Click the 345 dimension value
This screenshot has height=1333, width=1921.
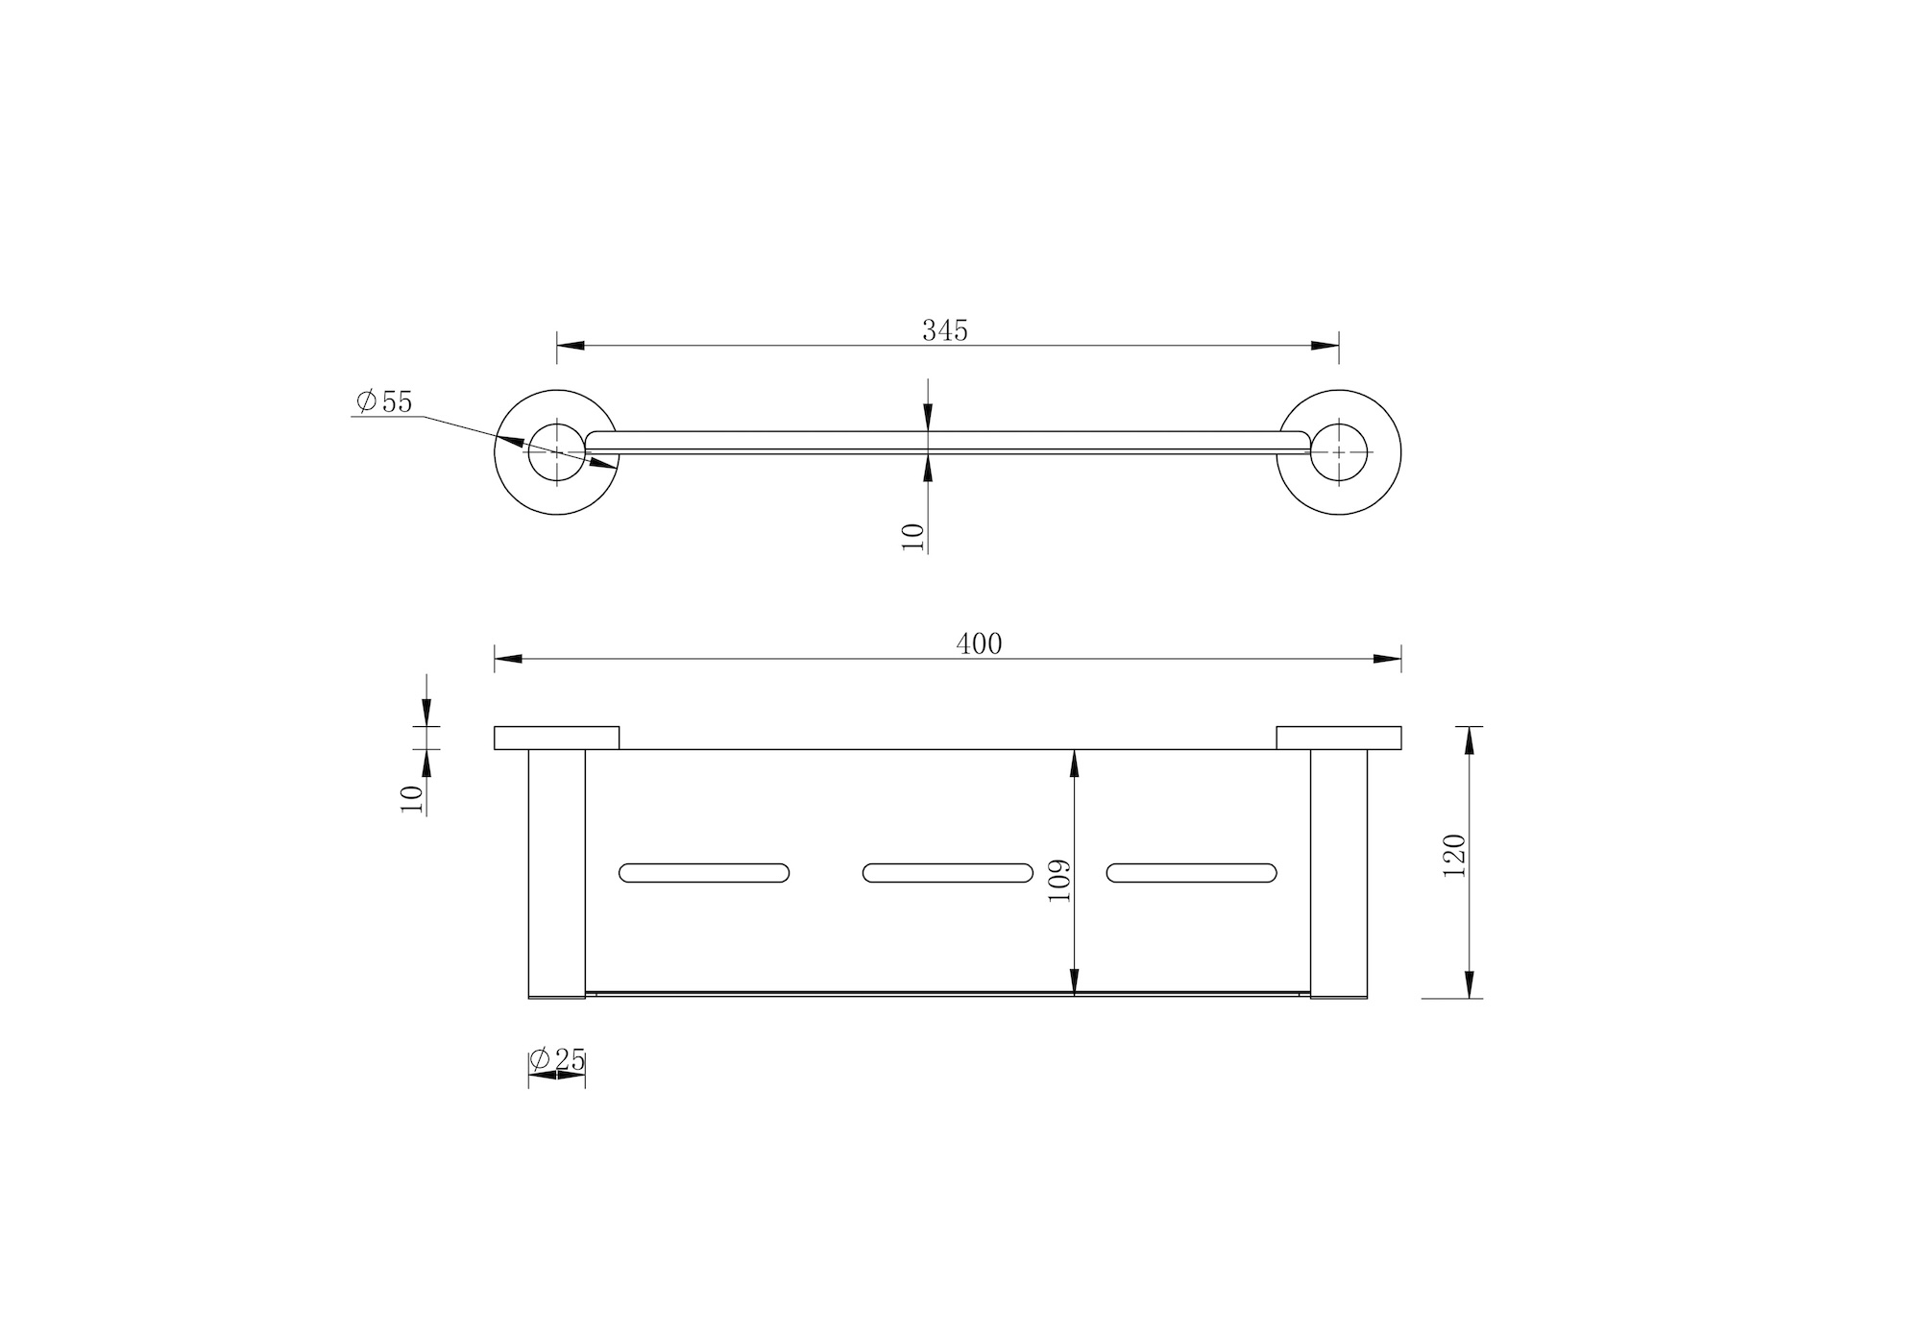945,330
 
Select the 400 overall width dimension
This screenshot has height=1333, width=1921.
979,643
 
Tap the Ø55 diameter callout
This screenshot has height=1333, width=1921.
383,401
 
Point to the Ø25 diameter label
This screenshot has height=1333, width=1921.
557,1060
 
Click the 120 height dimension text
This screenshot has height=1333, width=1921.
1454,855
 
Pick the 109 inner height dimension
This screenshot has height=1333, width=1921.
1058,880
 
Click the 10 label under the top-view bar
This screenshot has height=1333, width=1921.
912,536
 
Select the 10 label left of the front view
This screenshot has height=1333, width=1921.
411,799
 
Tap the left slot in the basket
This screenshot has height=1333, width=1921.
704,873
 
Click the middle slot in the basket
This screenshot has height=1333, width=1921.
948,873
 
